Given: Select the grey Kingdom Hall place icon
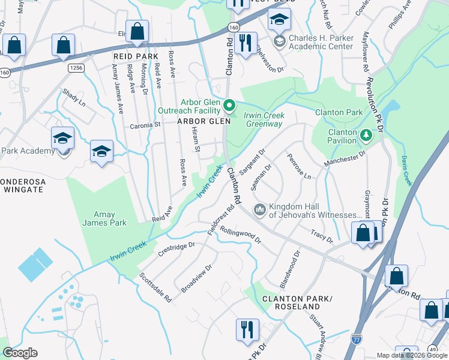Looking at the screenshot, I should (x=260, y=209).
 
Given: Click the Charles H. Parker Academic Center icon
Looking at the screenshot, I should (x=279, y=41).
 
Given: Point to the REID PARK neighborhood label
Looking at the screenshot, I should (x=135, y=56).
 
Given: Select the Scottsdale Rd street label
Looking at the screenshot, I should (x=155, y=287).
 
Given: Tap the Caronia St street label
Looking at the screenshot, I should (x=146, y=126).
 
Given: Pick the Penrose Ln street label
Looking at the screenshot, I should (x=299, y=167).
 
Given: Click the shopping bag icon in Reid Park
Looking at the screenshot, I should (x=137, y=32).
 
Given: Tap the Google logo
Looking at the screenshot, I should (x=20, y=353).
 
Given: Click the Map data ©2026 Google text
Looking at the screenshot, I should (x=411, y=355).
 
